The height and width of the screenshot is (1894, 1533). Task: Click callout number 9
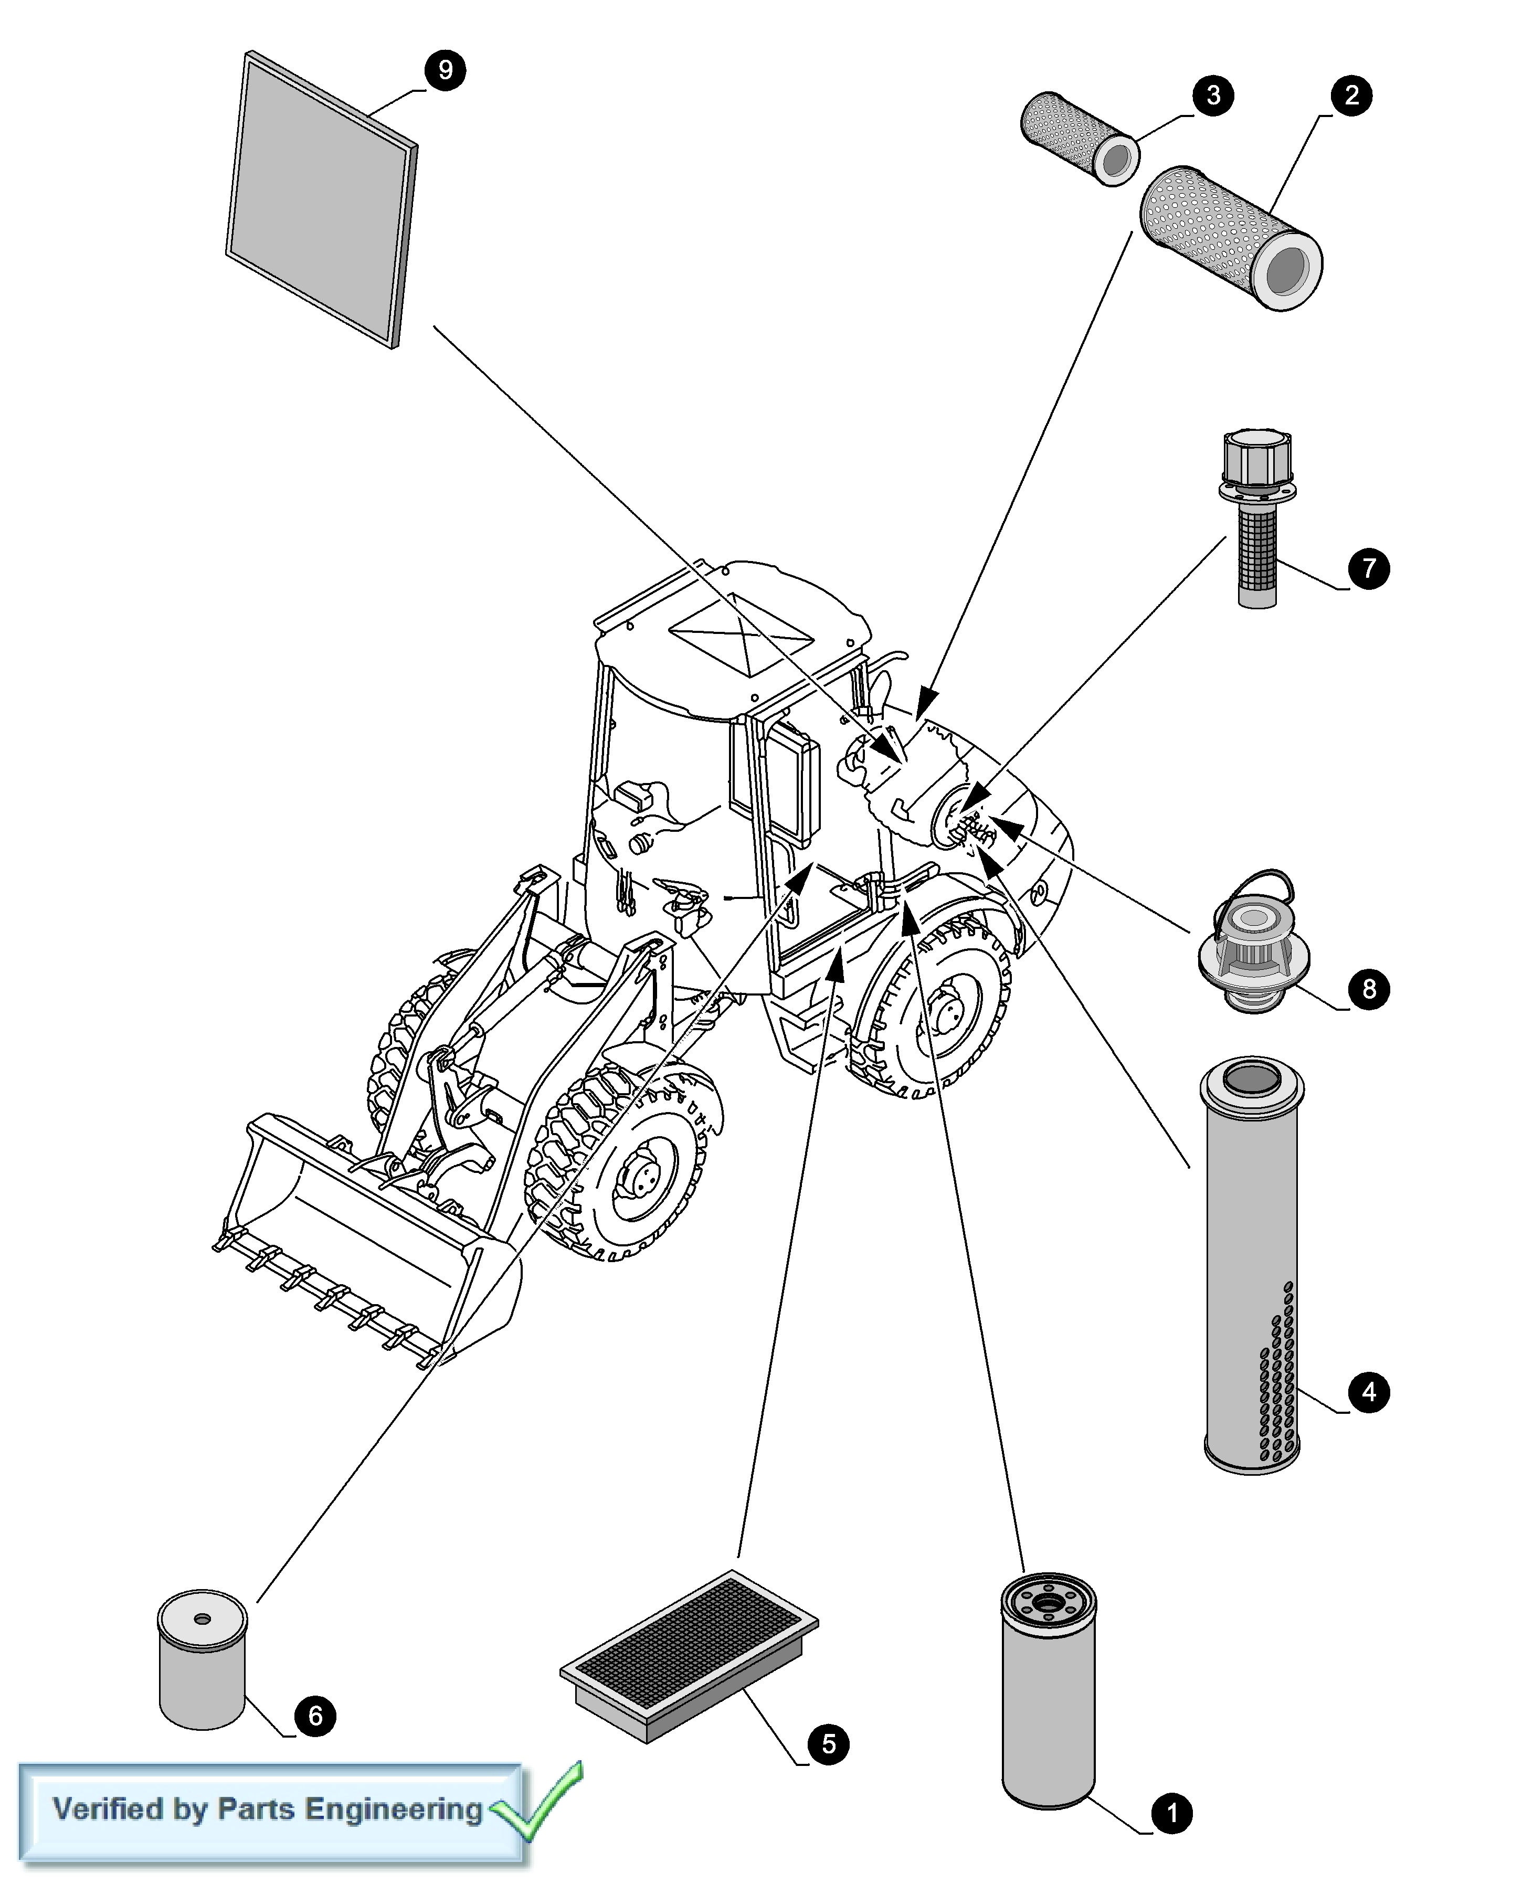(x=445, y=70)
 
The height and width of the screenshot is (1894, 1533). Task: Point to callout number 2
(x=1351, y=94)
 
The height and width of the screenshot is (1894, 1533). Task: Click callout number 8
(x=1369, y=988)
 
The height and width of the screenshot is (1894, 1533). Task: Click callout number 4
(x=1369, y=1392)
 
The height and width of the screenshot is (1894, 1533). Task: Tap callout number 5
(x=828, y=1744)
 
